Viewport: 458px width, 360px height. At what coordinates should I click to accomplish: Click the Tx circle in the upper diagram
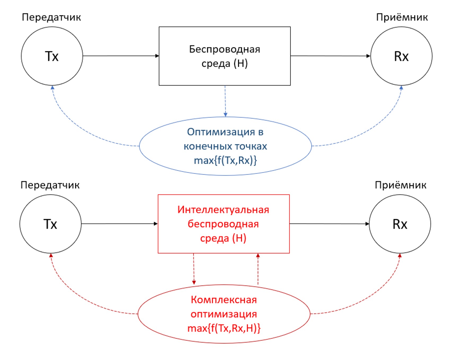click(52, 56)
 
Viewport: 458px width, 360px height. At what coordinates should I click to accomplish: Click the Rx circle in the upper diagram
click(401, 56)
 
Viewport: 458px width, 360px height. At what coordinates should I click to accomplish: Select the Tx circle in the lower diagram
click(50, 224)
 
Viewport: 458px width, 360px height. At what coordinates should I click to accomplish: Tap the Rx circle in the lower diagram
click(400, 224)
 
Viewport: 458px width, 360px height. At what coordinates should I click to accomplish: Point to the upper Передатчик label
click(51, 17)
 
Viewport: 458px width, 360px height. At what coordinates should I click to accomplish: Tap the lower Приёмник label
click(401, 185)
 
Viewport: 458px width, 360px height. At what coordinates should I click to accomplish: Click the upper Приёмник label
click(402, 17)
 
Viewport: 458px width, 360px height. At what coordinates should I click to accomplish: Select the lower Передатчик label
click(50, 185)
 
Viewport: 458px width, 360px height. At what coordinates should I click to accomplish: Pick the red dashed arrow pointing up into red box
click(258, 269)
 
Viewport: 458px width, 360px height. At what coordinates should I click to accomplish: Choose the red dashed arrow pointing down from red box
click(194, 269)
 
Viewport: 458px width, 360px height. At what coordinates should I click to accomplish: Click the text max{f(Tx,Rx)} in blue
click(225, 161)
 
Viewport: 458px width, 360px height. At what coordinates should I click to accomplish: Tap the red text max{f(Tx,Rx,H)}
click(224, 328)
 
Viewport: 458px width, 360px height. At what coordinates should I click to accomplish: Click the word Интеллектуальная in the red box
click(223, 210)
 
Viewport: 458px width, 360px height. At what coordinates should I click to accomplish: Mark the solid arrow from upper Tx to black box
click(121, 56)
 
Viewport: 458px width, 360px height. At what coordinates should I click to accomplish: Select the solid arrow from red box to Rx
click(329, 224)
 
